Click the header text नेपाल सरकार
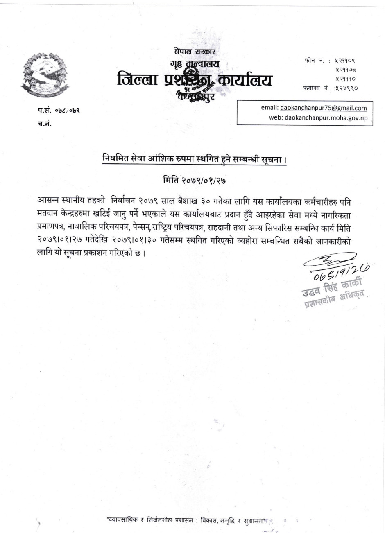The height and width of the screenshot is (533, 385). tap(194, 52)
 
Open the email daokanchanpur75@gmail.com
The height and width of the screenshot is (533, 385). tap(324, 108)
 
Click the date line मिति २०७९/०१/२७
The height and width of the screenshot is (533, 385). tap(194, 179)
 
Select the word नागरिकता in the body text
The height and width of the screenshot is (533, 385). tap(335, 215)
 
